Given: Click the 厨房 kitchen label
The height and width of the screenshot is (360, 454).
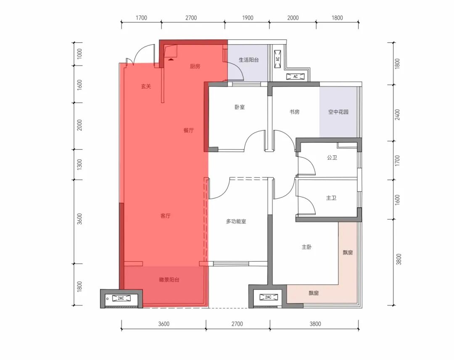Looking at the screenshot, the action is [x=195, y=66].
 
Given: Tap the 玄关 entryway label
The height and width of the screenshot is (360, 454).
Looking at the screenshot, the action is [x=146, y=86].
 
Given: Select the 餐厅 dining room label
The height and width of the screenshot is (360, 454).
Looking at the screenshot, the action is [x=188, y=130].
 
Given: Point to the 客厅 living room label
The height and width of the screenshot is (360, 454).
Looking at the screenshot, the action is [x=165, y=216].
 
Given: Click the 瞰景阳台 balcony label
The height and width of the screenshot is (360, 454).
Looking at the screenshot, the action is [x=169, y=280].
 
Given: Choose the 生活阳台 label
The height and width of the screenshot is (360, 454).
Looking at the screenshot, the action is [x=249, y=60].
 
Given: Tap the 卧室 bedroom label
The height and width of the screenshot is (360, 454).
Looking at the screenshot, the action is [x=240, y=107].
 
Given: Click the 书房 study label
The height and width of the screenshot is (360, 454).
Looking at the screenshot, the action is [x=294, y=112].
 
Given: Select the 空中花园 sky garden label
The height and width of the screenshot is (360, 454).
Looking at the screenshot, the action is [x=338, y=112].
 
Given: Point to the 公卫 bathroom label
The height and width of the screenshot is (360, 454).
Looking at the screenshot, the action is [x=332, y=158].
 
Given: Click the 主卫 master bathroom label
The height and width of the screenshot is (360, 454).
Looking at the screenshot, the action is [x=331, y=198].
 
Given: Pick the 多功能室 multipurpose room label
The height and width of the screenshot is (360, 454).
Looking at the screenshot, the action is [x=236, y=222].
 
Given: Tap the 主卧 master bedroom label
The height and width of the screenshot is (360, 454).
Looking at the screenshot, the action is [x=306, y=247].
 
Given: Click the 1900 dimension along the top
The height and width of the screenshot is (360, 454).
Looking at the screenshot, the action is [x=248, y=18].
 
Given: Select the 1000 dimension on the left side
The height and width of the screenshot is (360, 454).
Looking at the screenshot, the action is [x=79, y=54].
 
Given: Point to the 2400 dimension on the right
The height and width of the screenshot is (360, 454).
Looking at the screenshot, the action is [x=397, y=115].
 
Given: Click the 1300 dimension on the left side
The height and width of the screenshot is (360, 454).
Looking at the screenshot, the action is [x=79, y=164].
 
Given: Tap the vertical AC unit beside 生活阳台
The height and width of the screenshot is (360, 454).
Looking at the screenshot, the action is [x=278, y=59].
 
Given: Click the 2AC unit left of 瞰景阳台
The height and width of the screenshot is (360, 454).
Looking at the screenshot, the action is [x=121, y=298].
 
